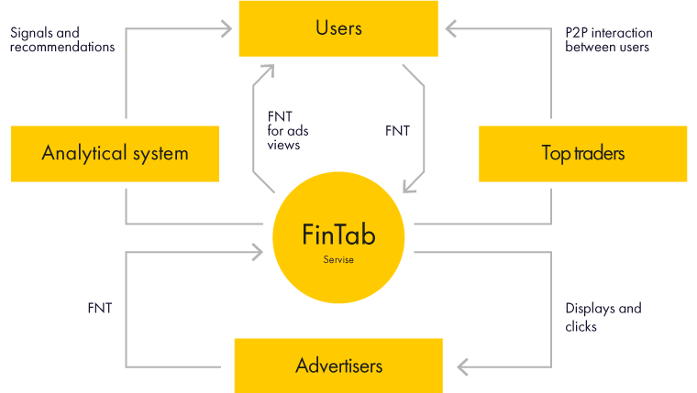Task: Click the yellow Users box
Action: tap(339, 28)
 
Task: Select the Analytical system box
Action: tap(115, 153)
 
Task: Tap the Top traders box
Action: tap(583, 153)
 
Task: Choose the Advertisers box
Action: tap(338, 366)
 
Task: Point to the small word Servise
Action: tap(338, 260)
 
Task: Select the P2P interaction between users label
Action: tap(608, 39)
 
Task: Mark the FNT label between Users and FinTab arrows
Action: tap(397, 131)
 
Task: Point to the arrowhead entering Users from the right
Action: tap(452, 29)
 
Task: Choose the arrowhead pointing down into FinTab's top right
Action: tap(412, 186)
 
